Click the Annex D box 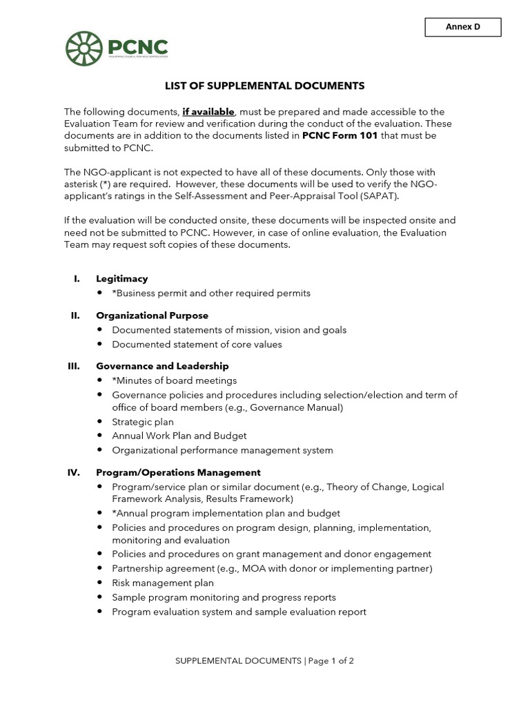pos(462,28)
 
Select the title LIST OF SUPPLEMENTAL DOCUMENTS pos(264,86)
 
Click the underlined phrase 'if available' pos(208,112)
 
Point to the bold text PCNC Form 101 pos(340,136)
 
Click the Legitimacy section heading pos(122,279)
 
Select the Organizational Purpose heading pos(152,316)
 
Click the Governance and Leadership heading pos(162,366)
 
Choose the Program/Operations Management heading pos(178,473)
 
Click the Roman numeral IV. pos(72,473)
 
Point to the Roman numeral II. pos(75,316)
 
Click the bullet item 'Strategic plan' pos(143,422)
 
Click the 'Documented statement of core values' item pos(197,345)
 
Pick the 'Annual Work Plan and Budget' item pos(179,436)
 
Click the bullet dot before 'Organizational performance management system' pos(100,451)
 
